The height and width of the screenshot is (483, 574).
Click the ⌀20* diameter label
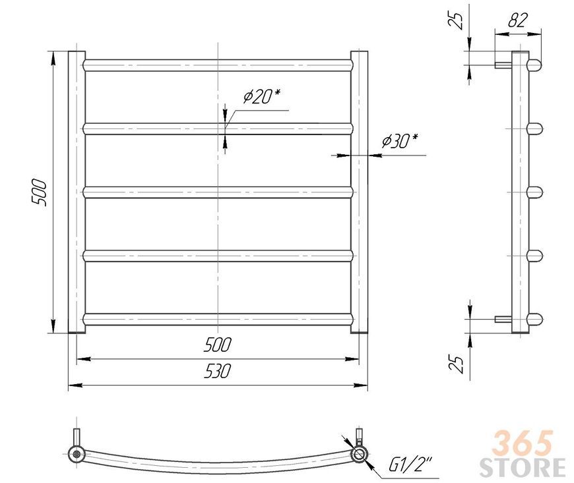click(x=262, y=96)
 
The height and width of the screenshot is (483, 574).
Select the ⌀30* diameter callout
click(x=400, y=141)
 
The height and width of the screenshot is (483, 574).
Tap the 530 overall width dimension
click(x=218, y=371)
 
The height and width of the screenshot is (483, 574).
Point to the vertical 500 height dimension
click(x=39, y=192)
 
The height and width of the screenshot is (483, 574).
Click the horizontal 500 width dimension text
click(x=218, y=345)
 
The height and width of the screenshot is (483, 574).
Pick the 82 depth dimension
click(x=518, y=20)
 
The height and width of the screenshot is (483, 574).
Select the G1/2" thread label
click(x=410, y=465)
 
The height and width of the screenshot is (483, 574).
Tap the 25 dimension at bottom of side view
click(x=456, y=362)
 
